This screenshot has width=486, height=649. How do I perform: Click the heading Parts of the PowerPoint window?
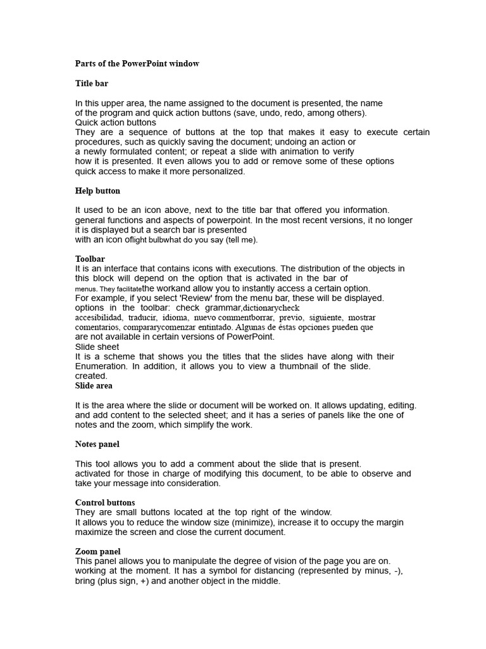click(x=137, y=63)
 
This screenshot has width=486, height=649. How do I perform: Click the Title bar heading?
click(x=92, y=83)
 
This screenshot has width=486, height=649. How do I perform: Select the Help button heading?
click(x=97, y=191)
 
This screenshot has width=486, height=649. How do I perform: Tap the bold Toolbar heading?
click(x=90, y=259)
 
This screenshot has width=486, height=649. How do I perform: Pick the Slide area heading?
click(x=94, y=385)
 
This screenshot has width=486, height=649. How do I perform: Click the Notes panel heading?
click(x=97, y=444)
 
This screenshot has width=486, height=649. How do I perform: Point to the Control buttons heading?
click(x=105, y=503)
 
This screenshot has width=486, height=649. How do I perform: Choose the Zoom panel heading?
click(x=97, y=551)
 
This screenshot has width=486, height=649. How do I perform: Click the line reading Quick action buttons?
click(x=116, y=122)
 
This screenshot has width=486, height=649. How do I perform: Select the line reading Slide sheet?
click(x=97, y=347)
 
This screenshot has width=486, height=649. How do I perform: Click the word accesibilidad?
click(x=99, y=318)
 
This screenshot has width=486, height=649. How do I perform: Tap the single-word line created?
click(x=91, y=376)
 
